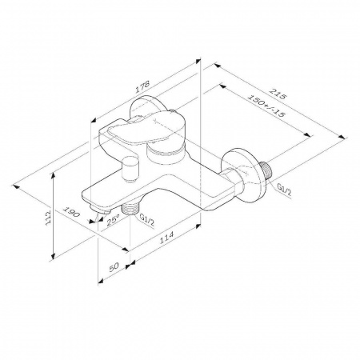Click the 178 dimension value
click(x=142, y=86)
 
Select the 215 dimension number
click(x=278, y=93)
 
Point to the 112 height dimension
click(x=49, y=218)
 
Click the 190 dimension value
click(x=71, y=212)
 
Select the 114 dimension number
click(x=166, y=237)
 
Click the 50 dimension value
click(x=114, y=266)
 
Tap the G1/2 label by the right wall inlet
click(x=284, y=190)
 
